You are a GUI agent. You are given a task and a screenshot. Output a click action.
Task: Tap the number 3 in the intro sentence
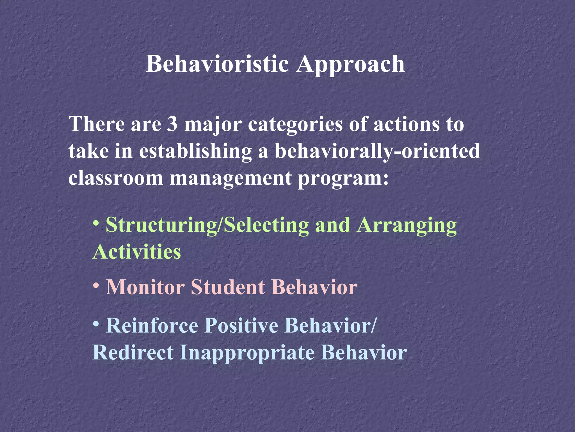[172, 124]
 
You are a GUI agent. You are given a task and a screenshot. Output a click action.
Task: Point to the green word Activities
[137, 251]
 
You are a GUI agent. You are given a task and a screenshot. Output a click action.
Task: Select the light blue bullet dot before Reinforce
[96, 323]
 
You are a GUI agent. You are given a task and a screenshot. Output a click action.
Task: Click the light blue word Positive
[241, 326]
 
